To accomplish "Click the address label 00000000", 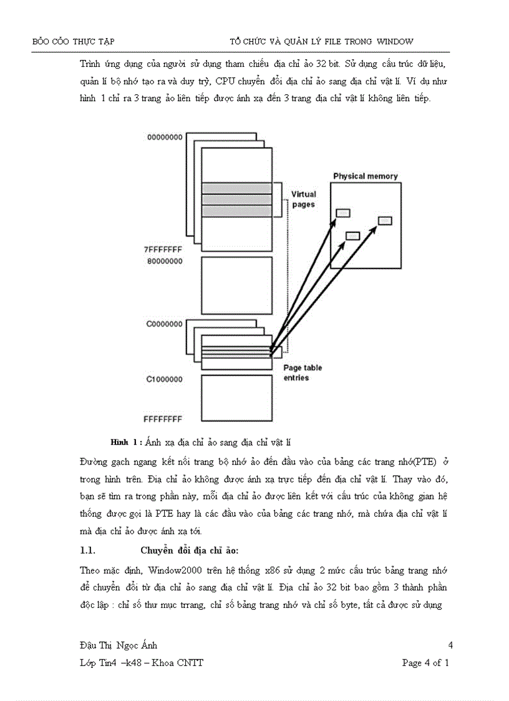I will coord(165,137).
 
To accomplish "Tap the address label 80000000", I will coord(165,262).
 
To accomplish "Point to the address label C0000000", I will coord(165,324).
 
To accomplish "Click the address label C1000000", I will coord(165,379).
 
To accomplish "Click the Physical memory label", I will coord(365,176).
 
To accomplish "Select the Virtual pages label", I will coord(304,199).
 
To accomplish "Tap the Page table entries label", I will coord(303,373).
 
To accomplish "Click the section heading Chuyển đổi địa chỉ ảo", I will coord(190,550).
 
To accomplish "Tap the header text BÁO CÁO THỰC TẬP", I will coord(73,42).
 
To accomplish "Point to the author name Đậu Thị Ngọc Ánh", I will coord(123,645).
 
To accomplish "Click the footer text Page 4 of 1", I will coord(426,662).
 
